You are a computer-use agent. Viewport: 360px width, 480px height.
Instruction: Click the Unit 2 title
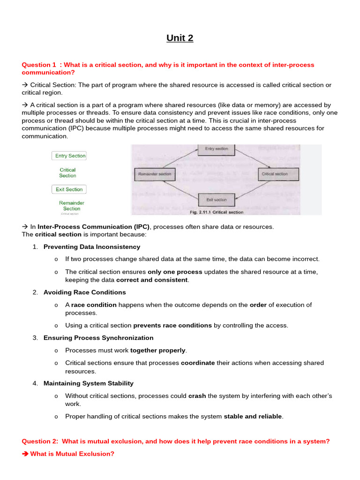click(180, 38)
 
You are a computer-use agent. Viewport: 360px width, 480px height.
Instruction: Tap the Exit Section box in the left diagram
click(69, 189)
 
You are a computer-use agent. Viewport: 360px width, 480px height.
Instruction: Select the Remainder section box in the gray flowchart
click(155, 174)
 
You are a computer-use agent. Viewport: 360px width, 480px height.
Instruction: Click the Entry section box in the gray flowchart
click(217, 149)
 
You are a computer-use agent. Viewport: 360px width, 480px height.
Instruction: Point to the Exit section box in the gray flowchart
click(217, 200)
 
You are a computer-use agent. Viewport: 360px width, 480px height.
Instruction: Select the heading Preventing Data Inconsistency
click(92, 247)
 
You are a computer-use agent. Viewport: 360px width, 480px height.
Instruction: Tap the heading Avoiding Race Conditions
click(85, 292)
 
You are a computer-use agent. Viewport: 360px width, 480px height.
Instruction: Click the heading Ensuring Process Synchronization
click(98, 337)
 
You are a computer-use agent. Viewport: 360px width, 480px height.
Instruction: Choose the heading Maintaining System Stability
click(89, 383)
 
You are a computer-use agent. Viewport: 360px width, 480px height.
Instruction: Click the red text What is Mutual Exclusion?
click(72, 454)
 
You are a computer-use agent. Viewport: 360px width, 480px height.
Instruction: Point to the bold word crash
click(197, 396)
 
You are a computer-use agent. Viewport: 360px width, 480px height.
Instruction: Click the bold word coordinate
click(198, 363)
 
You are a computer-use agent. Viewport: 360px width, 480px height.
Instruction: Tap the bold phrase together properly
click(158, 350)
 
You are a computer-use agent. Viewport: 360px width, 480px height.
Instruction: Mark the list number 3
click(35, 337)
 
